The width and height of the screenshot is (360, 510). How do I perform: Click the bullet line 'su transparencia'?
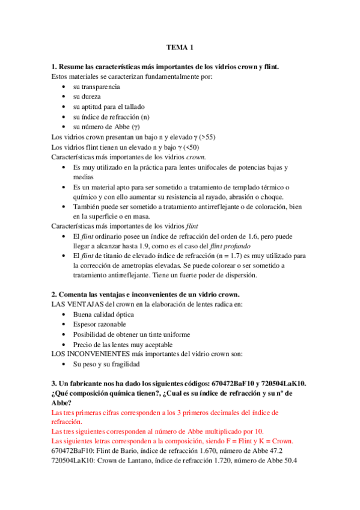(96, 87)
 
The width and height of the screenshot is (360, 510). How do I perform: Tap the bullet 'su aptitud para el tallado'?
(109, 106)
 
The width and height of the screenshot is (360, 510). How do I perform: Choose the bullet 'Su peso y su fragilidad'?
(106, 364)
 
